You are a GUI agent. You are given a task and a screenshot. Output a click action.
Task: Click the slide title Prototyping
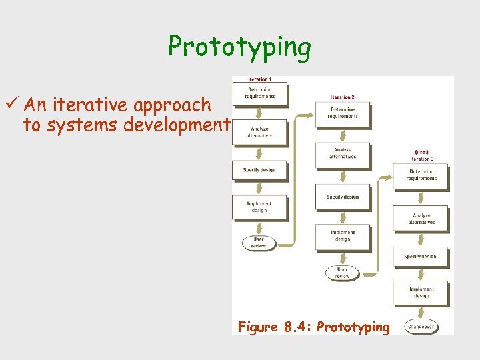(239, 47)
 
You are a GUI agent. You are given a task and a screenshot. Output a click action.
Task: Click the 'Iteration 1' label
(259, 80)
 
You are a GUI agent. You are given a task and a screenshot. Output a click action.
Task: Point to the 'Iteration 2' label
(342, 97)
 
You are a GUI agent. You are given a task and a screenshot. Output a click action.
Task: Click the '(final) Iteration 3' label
(421, 155)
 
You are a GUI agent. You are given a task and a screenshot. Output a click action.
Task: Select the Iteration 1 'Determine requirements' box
(259, 93)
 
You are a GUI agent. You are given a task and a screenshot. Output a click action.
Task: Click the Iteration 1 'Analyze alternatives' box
(259, 132)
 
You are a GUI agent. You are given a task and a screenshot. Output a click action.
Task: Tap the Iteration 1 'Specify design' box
(259, 170)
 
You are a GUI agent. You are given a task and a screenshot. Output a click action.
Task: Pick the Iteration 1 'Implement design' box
(259, 207)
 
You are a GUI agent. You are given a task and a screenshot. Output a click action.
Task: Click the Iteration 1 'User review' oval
(258, 243)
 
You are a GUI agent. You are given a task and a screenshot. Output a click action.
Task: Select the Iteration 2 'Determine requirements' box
(342, 113)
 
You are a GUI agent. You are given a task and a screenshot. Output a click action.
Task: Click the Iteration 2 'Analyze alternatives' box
(342, 153)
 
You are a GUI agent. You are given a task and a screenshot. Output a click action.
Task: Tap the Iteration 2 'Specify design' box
(342, 197)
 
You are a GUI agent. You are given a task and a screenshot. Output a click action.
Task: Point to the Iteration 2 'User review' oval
(342, 273)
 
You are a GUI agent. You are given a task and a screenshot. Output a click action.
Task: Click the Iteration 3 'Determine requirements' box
(421, 175)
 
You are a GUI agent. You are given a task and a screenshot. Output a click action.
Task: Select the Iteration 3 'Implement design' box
(421, 293)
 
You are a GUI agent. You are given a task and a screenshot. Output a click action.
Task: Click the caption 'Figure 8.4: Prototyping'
(313, 327)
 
